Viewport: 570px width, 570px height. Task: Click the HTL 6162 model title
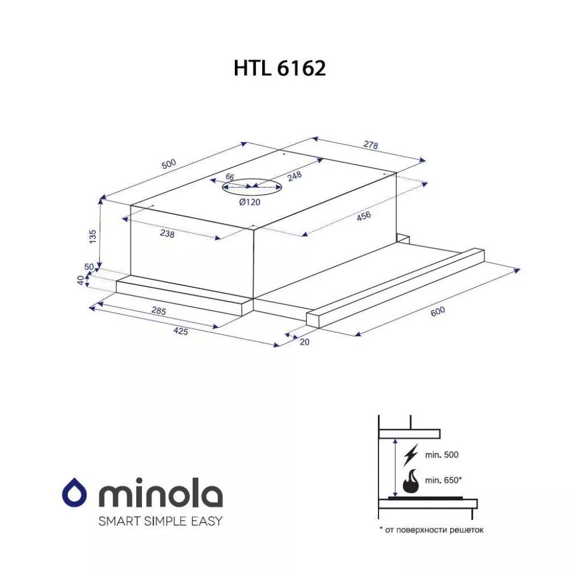click(279, 68)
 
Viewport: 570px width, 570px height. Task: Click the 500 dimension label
click(169, 164)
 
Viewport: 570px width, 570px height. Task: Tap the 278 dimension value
click(370, 145)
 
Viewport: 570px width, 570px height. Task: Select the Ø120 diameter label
click(250, 202)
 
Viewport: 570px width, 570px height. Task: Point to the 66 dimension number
click(230, 176)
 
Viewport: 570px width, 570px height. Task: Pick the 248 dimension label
click(294, 176)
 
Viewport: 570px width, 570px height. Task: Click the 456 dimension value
click(363, 216)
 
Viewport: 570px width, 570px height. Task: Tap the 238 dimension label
click(167, 233)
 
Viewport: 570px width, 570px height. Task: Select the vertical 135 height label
click(93, 236)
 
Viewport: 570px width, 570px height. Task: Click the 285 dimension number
click(159, 311)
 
